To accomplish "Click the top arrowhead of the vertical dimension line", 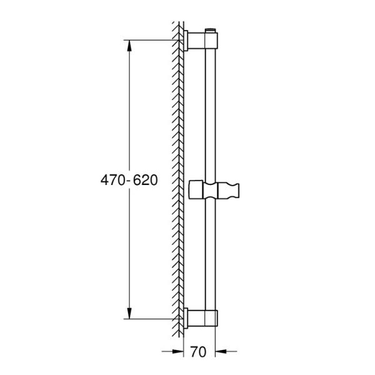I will (x=130, y=46).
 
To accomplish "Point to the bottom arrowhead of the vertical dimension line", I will (x=130, y=314).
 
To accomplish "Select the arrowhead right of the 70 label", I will (x=220, y=351).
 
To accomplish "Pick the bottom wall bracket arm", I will (x=197, y=319).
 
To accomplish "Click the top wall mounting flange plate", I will (x=186, y=41).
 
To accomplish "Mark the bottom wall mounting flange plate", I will (x=186, y=319).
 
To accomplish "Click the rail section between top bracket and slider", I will (x=211, y=112).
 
